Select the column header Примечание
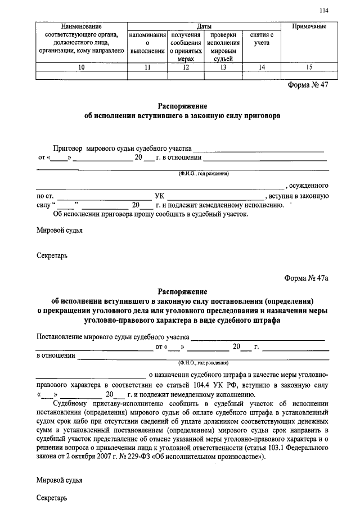coord(309,26)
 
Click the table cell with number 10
coord(82,67)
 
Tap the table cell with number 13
coord(223,67)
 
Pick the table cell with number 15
coord(309,67)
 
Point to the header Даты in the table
coord(204,26)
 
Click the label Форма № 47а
coord(307,279)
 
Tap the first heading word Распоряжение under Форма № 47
coord(182,106)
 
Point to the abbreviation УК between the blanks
coord(159,196)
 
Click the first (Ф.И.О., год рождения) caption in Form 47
coord(204,174)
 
